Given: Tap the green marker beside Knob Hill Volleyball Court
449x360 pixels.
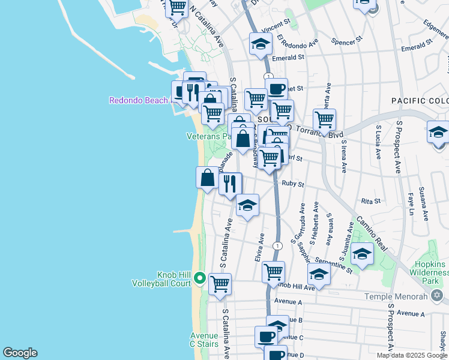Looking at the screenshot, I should coord(199,278).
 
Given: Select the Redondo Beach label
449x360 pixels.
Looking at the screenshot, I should coord(139,100).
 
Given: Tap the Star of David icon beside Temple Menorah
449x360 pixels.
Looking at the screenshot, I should coord(437,296).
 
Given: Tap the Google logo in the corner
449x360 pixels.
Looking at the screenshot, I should coord(20,353).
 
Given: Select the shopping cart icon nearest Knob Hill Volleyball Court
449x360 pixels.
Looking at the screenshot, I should coord(220,283).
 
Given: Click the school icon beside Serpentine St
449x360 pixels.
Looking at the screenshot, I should coord(362,254).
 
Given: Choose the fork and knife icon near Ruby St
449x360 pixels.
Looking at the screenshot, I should coord(230,184).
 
